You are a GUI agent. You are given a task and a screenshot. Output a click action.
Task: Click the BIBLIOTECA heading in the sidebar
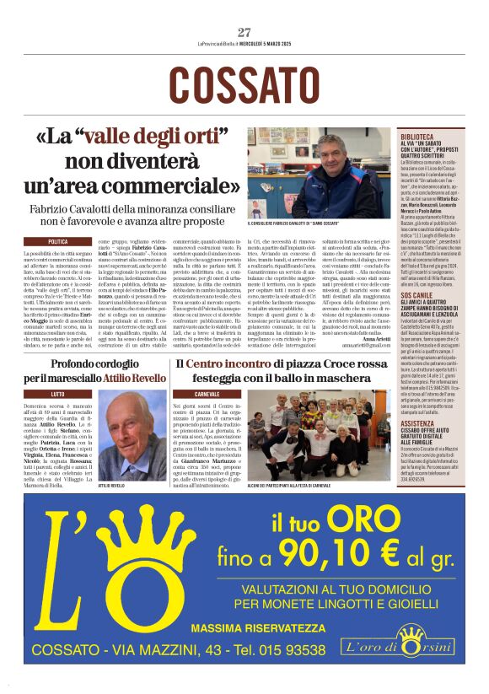[418, 135]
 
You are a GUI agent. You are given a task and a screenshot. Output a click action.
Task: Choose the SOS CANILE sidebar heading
[418, 296]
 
